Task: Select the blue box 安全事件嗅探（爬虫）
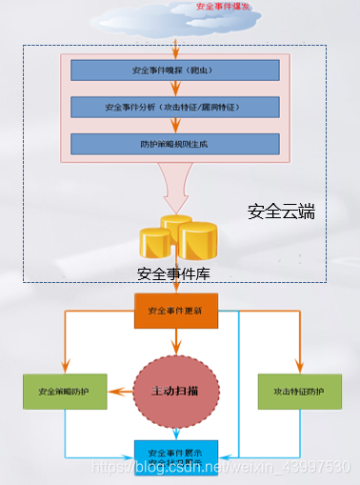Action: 174,71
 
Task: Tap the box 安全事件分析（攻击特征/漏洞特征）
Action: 174,107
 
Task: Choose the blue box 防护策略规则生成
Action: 174,144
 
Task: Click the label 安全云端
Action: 281,212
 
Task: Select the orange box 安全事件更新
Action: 175,311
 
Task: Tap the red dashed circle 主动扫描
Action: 175,391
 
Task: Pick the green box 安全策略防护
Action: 64,392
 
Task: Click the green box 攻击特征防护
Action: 299,392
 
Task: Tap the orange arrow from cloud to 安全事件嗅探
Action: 175,43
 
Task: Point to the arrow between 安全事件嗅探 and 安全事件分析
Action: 175,89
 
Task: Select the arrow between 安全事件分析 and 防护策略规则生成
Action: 175,126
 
